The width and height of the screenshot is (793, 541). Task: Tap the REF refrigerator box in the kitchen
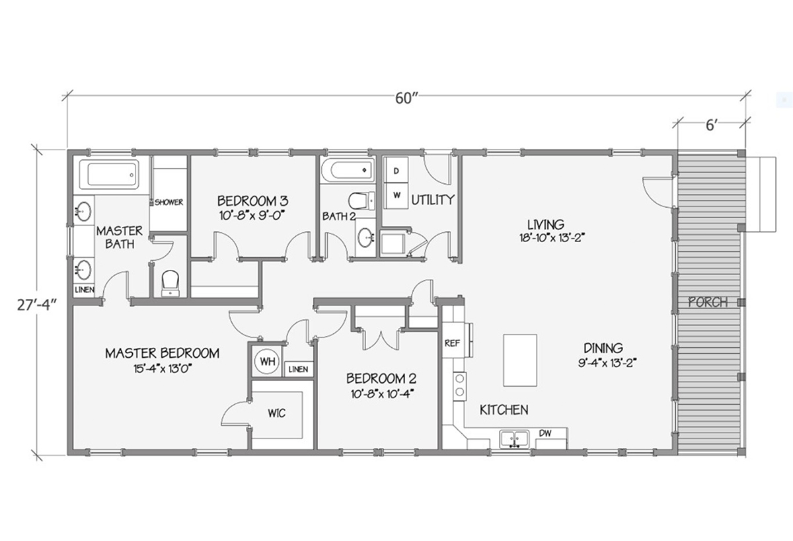pos(453,343)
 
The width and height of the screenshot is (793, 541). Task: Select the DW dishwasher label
pos(545,433)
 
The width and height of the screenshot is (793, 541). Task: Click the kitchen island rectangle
pos(520,360)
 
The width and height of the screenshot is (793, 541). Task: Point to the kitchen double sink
pos(513,438)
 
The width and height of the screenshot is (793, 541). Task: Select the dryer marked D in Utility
pos(397,171)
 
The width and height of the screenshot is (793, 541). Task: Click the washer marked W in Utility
pos(397,194)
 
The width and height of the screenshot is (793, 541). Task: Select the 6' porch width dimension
pos(711,126)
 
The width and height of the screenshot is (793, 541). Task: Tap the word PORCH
pos(708,302)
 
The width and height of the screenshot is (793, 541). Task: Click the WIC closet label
pos(276,413)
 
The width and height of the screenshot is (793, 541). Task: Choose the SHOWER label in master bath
pos(169,202)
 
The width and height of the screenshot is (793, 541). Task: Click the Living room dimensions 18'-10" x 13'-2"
pos(554,235)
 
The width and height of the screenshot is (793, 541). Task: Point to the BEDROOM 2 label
pos(381,379)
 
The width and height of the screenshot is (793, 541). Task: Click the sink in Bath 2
pos(364,237)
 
